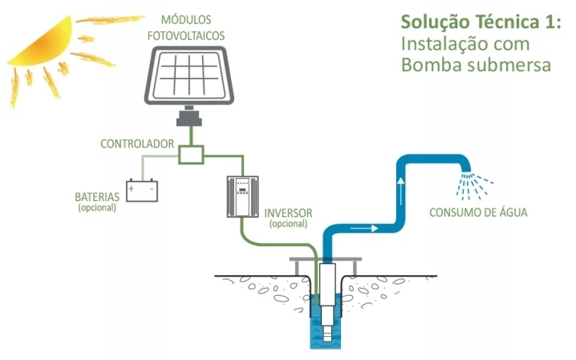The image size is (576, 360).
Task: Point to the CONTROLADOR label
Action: tap(137, 144)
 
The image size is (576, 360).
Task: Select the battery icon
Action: tap(141, 191)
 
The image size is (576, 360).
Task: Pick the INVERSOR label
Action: tap(288, 213)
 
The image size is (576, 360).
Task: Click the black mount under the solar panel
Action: tap(189, 120)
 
